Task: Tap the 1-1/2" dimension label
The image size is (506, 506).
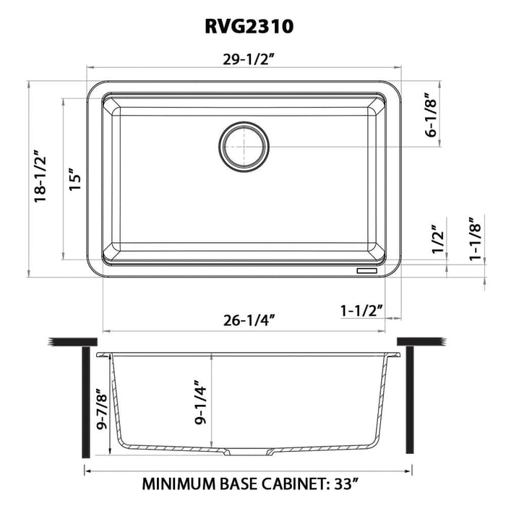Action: click(x=361, y=310)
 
